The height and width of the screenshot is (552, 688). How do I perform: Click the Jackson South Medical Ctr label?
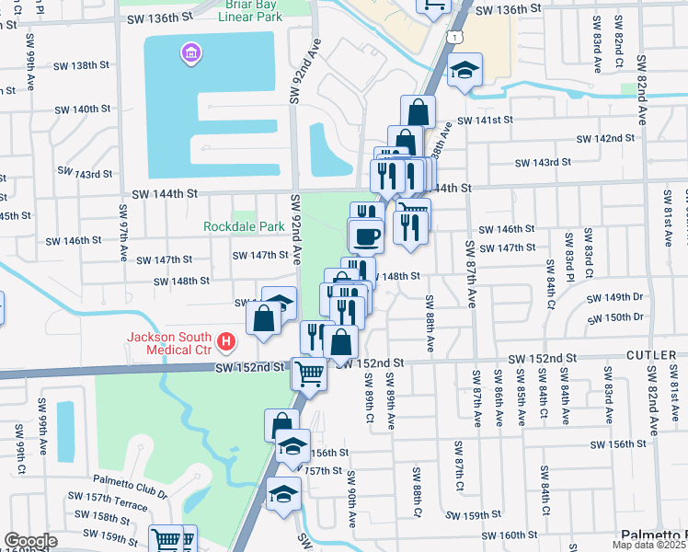169,343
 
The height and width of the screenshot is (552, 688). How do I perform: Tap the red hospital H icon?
226,344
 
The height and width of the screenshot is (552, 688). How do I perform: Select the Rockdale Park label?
244,225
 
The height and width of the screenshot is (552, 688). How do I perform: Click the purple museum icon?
190,54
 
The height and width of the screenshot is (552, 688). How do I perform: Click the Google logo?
30,541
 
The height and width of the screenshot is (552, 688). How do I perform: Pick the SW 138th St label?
82,65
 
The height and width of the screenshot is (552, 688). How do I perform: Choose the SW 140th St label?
83,109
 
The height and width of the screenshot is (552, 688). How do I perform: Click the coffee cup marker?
366,236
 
